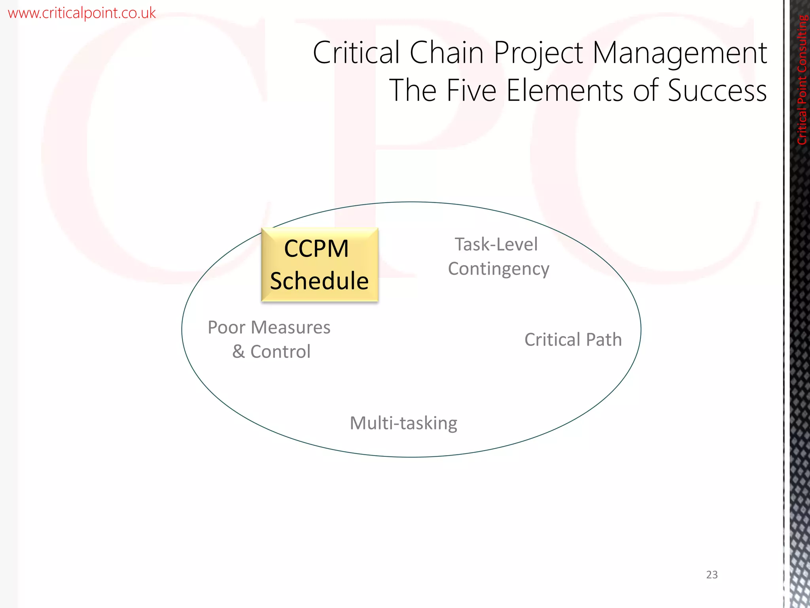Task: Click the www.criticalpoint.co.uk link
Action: click(82, 13)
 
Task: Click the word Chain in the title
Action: click(447, 53)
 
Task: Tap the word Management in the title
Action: click(679, 53)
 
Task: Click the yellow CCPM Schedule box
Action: click(320, 264)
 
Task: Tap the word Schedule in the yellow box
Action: click(320, 281)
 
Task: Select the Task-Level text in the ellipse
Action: click(496, 244)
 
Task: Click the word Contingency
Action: click(498, 269)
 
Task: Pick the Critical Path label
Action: click(573, 340)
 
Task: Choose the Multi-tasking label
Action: click(403, 423)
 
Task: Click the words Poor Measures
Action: click(269, 327)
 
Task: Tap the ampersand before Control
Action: click(238, 351)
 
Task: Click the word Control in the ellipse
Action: click(280, 351)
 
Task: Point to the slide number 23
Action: click(712, 575)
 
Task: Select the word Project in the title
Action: click(538, 53)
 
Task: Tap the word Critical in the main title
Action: click(356, 53)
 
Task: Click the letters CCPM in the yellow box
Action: click(316, 249)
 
